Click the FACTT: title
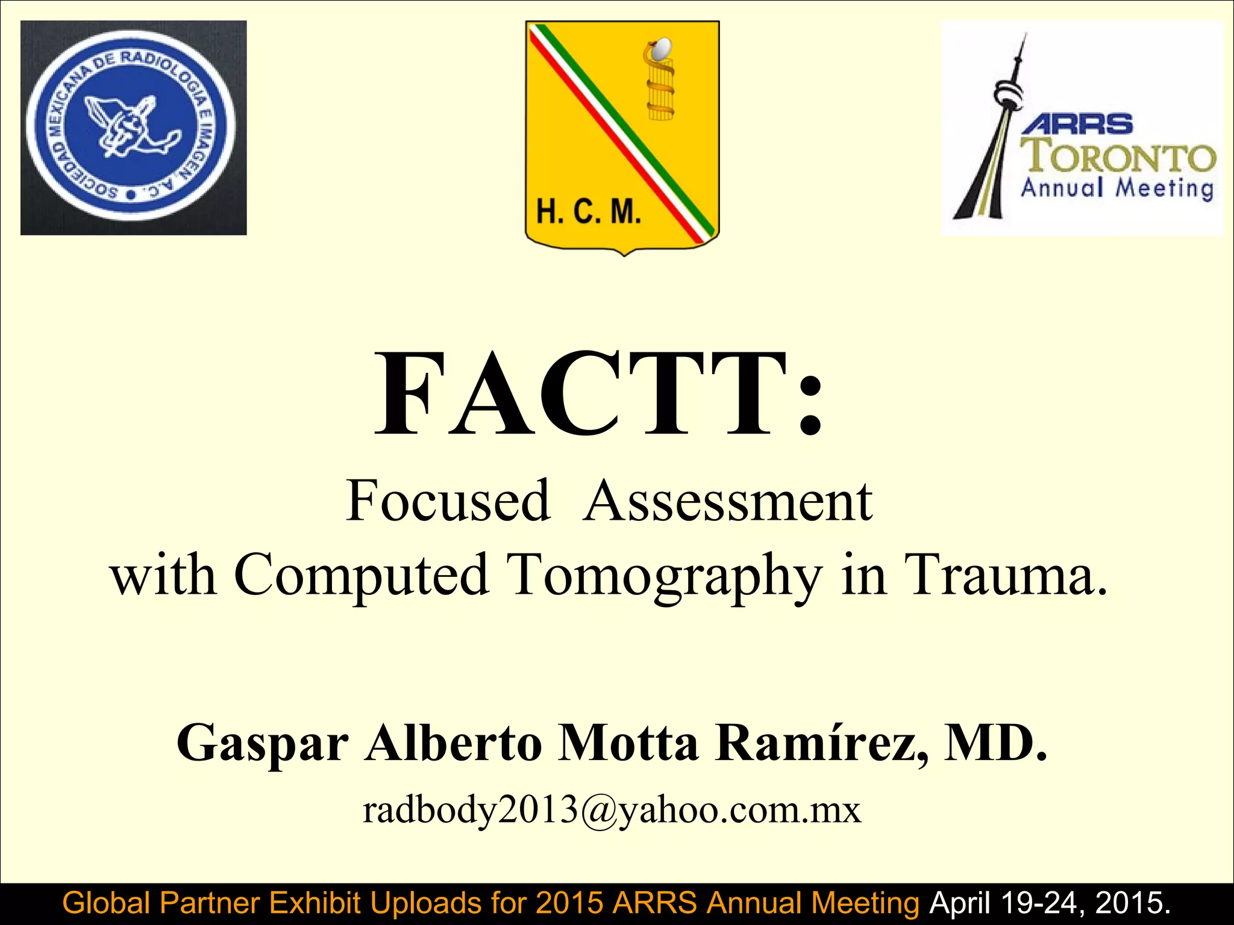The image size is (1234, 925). [x=598, y=394]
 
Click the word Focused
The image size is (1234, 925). [x=448, y=501]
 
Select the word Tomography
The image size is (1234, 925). [x=665, y=576]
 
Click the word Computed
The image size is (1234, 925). [x=360, y=576]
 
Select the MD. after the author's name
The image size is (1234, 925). [x=995, y=743]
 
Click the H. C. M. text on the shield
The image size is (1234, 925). [x=589, y=212]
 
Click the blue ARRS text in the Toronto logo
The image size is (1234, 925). [x=1077, y=124]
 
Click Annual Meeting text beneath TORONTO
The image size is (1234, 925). [x=1117, y=188]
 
